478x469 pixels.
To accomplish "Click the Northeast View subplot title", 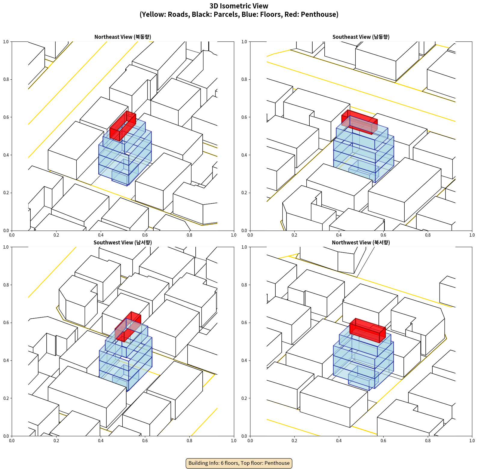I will (x=123, y=37).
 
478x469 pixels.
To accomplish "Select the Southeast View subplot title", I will (x=361, y=37).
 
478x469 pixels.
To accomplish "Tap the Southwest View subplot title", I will (x=123, y=243).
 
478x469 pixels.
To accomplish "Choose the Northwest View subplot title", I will (x=361, y=243).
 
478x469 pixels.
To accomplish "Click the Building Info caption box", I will (x=239, y=463).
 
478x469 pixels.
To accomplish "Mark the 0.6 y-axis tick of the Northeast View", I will (x=6, y=117).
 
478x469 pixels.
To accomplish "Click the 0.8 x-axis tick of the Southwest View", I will (x=189, y=441).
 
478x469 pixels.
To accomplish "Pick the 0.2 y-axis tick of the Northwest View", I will (x=244, y=398).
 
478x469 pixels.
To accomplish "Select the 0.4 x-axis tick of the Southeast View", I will (x=339, y=235).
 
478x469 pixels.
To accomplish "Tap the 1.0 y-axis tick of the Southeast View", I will (x=244, y=42).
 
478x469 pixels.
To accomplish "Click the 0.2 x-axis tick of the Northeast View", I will (x=56, y=235).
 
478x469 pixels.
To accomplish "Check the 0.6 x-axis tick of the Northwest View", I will (x=383, y=441).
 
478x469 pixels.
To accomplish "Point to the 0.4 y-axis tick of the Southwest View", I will (x=6, y=360).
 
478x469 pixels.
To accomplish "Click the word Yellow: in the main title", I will (x=154, y=14).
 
